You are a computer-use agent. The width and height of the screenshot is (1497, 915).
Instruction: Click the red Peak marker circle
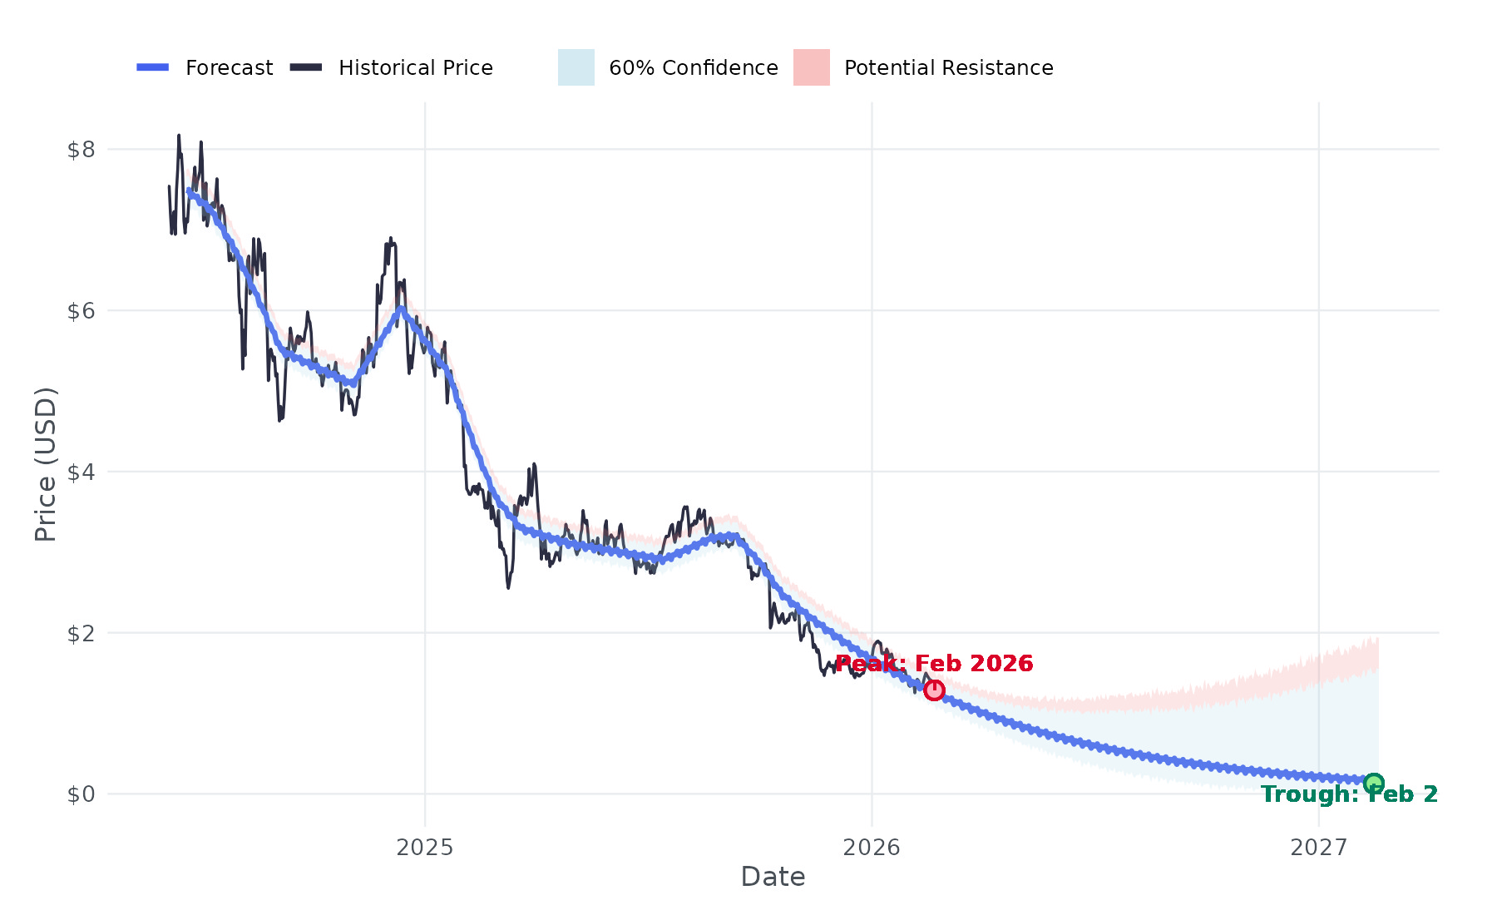(934, 690)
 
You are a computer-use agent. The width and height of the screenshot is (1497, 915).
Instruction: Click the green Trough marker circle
(1374, 783)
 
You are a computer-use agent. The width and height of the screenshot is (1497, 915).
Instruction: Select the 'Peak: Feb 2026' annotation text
(934, 664)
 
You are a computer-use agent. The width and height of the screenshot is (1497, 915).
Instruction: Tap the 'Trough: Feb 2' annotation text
(1349, 794)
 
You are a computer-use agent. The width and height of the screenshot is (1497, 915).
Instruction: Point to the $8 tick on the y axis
(81, 150)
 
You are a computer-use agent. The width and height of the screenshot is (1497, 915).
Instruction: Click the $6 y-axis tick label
(81, 311)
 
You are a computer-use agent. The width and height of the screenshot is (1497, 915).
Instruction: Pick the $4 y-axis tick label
(81, 472)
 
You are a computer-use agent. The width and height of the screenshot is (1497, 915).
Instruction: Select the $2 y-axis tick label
(81, 633)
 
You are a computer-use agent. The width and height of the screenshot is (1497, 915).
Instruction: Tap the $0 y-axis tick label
(81, 794)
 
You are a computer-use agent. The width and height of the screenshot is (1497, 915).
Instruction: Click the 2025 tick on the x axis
(425, 848)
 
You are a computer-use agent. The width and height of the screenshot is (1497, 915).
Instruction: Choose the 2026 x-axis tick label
(872, 848)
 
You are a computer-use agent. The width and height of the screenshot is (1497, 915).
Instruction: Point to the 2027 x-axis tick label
(1318, 848)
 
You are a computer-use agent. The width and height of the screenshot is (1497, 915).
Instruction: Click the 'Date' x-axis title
(773, 877)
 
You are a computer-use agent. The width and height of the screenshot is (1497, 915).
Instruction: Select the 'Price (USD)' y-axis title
(46, 464)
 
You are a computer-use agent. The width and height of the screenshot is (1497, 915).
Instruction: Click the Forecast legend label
(229, 67)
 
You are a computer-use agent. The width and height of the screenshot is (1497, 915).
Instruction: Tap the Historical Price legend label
(415, 67)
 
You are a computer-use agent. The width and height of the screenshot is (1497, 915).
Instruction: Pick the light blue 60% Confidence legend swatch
(576, 67)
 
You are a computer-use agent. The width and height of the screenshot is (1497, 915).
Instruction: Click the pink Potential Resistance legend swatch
(812, 67)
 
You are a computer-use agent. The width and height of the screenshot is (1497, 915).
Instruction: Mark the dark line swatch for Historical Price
(306, 67)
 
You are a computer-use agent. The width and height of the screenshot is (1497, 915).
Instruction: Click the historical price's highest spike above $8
(179, 136)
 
